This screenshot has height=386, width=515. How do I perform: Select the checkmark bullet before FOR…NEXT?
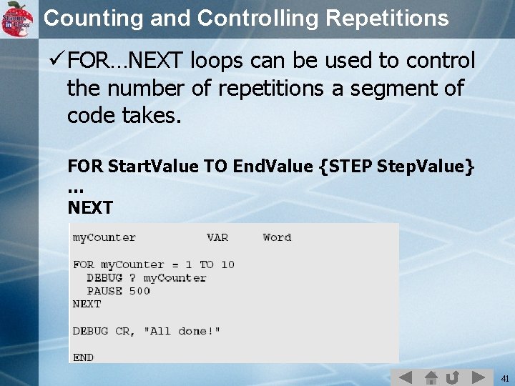point(57,61)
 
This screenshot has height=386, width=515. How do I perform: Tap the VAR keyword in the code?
point(217,237)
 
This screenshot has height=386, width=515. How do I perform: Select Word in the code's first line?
point(277,237)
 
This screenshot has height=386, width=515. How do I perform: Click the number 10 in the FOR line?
point(227,264)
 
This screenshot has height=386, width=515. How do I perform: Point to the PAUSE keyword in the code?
point(104,291)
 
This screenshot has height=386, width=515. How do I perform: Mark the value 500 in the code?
point(139,291)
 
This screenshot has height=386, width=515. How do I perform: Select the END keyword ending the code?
point(83,357)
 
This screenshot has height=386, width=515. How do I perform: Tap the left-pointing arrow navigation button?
point(405,377)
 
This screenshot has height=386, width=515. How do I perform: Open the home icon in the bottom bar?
point(431,377)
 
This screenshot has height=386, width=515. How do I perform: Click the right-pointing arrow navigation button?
point(477,377)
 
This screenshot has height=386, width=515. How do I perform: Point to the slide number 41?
point(504,377)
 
